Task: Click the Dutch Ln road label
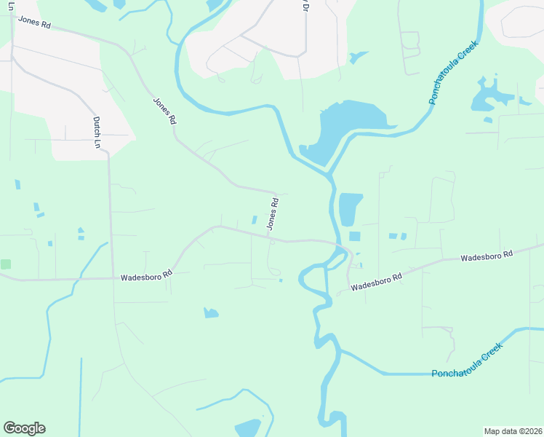coord(95,133)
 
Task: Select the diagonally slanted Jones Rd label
coord(164,111)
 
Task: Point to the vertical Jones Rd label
coord(273,214)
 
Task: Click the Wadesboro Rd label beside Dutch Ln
coord(146,277)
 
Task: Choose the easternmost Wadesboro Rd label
coord(487,256)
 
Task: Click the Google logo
coord(24,428)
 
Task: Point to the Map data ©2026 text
coord(513,431)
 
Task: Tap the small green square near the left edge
coord(6,264)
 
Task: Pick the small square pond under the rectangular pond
coord(354,236)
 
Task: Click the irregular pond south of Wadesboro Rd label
coord(211,313)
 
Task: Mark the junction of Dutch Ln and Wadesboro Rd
coord(111,277)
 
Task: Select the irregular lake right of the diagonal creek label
coord(488,95)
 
